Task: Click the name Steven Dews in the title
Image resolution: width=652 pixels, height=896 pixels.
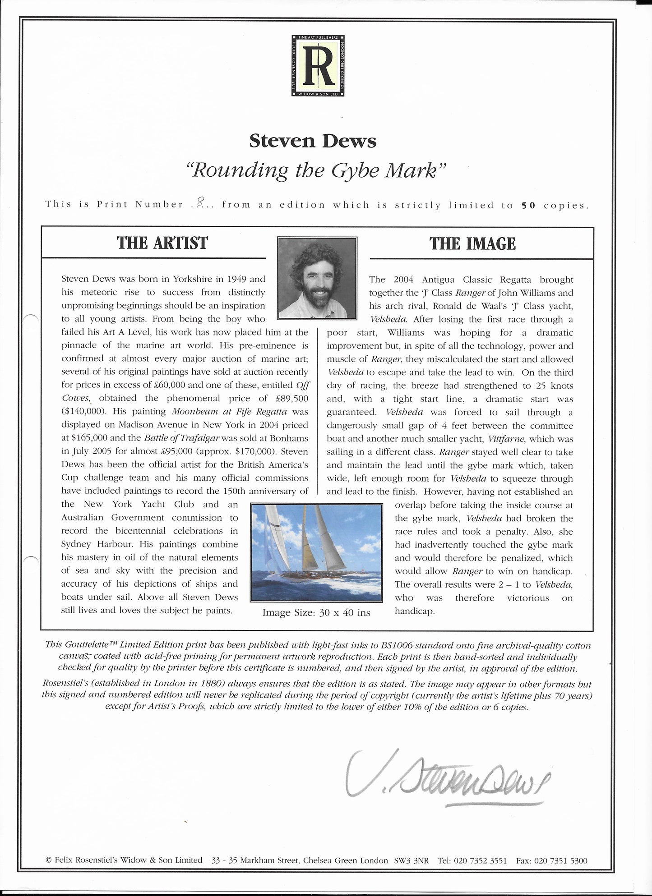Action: coord(313,141)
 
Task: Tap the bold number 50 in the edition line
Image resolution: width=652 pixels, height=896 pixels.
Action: coord(528,206)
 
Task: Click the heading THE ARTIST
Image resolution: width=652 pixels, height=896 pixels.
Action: coord(162,243)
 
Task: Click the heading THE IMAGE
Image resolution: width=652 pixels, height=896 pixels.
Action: coord(472,244)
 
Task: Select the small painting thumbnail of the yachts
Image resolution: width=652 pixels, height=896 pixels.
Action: coord(316,552)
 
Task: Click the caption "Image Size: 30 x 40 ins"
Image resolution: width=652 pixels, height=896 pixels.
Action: coord(316,613)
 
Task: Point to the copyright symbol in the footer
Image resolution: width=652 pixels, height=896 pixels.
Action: coord(48,860)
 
